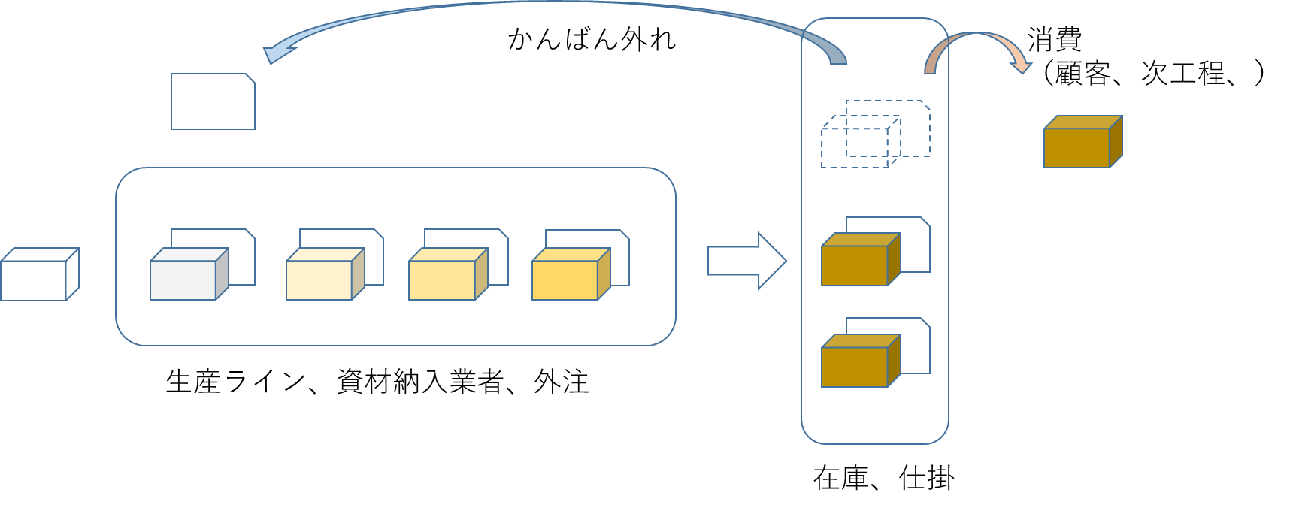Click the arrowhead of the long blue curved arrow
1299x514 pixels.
277,54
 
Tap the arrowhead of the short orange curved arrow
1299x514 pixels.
1022,68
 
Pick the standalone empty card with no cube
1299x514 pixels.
213,101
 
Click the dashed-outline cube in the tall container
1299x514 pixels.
855,147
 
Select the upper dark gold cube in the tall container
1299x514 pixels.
855,265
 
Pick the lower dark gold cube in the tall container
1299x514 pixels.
855,367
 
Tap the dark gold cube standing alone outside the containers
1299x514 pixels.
1077,147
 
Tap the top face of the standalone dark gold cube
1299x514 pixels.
1083,122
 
